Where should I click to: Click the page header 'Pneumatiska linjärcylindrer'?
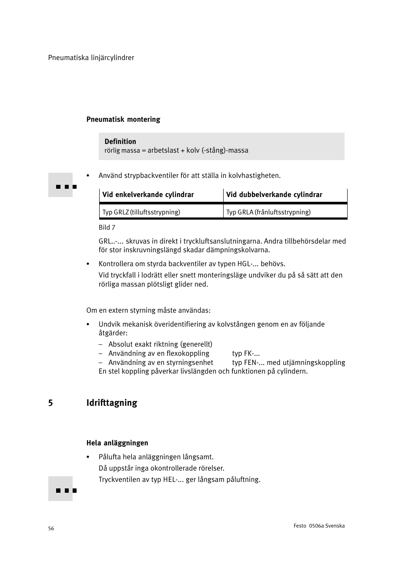(x=91, y=58)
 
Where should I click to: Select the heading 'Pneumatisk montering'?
(x=123, y=120)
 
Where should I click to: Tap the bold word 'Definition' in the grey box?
(x=120, y=142)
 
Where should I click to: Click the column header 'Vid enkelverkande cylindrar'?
(x=148, y=195)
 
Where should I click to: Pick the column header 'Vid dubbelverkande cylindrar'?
(x=274, y=195)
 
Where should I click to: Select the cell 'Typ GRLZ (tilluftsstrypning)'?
(x=141, y=212)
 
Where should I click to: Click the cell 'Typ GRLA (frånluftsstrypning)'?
(x=268, y=212)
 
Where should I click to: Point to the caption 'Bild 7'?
(x=107, y=227)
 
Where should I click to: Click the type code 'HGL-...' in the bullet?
(x=248, y=264)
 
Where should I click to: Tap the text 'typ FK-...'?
(x=246, y=354)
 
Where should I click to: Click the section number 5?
(x=50, y=403)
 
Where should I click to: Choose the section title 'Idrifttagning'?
(x=112, y=403)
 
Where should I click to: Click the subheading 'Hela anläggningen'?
(x=117, y=443)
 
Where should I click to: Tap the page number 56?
(x=51, y=528)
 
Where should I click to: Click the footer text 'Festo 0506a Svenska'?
(x=319, y=526)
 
